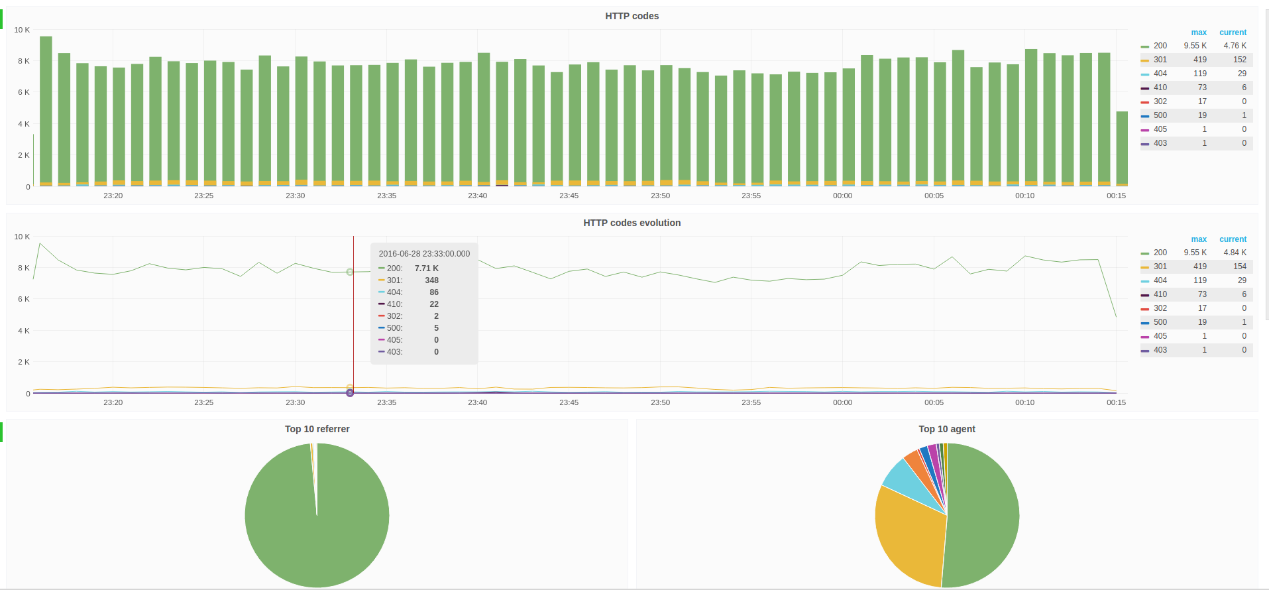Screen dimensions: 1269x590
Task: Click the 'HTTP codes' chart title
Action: click(x=632, y=16)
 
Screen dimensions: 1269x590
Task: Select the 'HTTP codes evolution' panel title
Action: click(x=632, y=223)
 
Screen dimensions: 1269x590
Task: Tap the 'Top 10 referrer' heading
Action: click(x=317, y=429)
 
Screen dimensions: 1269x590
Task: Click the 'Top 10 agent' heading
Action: click(x=947, y=429)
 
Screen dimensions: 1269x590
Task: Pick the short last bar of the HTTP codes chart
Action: click(x=1122, y=148)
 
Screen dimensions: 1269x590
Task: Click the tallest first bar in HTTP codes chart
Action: click(x=46, y=111)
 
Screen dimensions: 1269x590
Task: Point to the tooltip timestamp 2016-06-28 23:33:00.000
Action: click(x=424, y=254)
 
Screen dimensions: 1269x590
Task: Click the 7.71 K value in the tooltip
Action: click(x=426, y=268)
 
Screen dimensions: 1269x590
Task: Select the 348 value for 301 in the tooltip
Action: click(x=431, y=280)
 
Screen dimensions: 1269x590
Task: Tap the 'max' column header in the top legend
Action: click(x=1199, y=32)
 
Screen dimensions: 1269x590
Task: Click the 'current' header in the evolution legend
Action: click(x=1233, y=239)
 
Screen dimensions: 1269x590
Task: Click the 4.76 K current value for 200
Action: click(x=1235, y=46)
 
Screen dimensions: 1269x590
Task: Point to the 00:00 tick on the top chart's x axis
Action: click(x=842, y=196)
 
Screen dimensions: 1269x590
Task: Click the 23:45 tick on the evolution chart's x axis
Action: click(x=569, y=402)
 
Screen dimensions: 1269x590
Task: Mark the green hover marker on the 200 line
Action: click(x=350, y=272)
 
